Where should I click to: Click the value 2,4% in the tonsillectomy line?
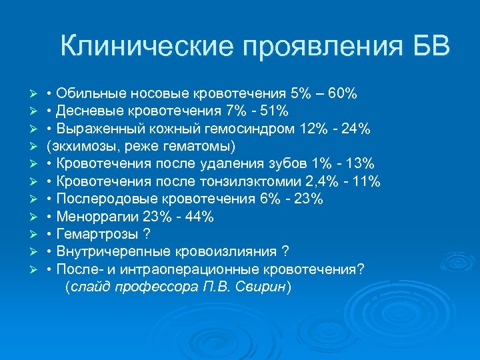[312, 181]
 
